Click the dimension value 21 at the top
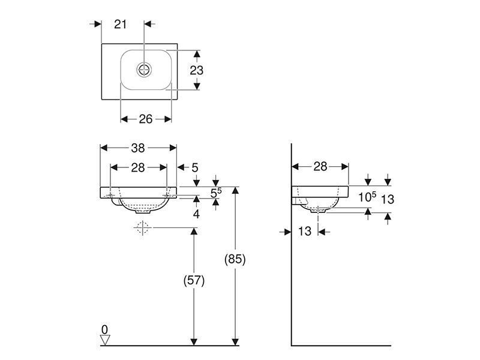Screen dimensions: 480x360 (121, 24)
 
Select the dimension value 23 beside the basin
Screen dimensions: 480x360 (197, 70)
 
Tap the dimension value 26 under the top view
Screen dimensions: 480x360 (145, 119)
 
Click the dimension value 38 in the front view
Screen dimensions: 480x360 (138, 148)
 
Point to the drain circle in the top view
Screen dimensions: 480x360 (144, 70)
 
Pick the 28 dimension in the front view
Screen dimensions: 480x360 (138, 168)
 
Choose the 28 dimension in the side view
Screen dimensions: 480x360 (320, 167)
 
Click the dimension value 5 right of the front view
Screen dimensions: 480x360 (195, 168)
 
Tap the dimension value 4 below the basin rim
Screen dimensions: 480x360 (196, 214)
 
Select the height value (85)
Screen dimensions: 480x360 (235, 259)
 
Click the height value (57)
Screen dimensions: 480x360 (194, 280)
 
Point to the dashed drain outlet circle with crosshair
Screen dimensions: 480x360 (143, 228)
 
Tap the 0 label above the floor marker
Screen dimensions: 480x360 (104, 329)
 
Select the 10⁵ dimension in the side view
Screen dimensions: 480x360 (367, 197)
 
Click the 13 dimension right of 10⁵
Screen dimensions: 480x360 (388, 199)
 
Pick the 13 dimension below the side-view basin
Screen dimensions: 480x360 (305, 232)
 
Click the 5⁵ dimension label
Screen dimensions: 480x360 (216, 193)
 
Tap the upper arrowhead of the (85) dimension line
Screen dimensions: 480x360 (235, 190)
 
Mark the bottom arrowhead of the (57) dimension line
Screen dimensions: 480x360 (194, 342)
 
